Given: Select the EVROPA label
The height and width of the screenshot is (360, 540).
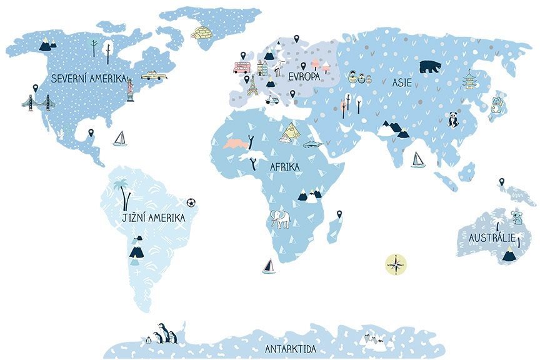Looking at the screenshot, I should click(304, 76).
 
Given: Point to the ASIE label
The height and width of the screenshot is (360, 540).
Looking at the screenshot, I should click(402, 82).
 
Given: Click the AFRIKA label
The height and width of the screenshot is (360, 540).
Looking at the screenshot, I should click(284, 167).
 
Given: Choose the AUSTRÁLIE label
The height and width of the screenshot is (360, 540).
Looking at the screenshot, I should click(492, 238).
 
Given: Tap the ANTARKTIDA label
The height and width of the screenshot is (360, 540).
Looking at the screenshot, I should click(291, 349).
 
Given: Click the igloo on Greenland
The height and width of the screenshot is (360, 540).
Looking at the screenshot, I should click(202, 32).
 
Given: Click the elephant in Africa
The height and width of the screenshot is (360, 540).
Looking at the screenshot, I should click(280, 219).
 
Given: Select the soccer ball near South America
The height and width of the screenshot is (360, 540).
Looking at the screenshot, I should click(191, 202).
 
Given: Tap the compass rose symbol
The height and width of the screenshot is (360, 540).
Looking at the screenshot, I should click(396, 264).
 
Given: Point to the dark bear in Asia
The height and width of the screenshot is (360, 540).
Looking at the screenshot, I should click(429, 66).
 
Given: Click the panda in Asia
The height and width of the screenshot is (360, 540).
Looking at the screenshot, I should click(452, 119).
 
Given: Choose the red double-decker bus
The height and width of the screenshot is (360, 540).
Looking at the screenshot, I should click(242, 66).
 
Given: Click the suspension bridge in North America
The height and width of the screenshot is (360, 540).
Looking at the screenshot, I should click(37, 102).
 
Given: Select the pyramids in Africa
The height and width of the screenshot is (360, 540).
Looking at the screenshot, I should click(291, 131).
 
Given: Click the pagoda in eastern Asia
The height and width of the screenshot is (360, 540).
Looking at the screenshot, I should click(469, 81).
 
